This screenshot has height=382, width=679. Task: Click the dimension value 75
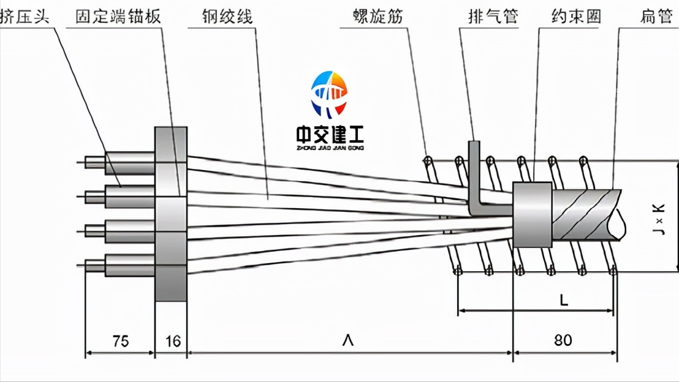coord(121,340)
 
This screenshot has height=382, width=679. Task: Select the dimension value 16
coord(173,340)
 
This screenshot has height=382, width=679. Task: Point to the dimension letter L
coord(564,300)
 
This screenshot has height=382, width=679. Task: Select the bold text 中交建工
coord(330,135)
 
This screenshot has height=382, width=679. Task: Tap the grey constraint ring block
coord(533,214)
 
